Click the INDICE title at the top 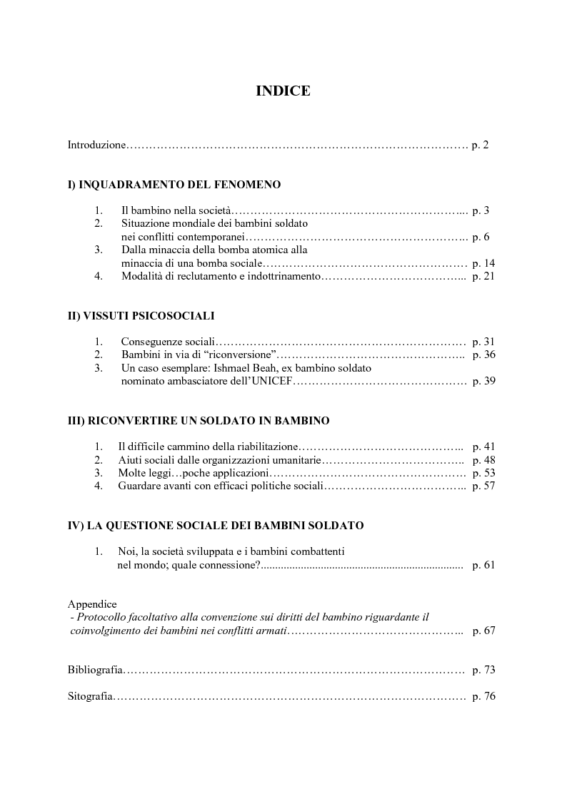(283, 91)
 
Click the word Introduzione (96, 145)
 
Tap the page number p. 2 (480, 145)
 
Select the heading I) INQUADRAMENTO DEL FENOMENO (174, 185)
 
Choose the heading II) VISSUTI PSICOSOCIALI (141, 316)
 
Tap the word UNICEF (273, 381)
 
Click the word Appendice (92, 604)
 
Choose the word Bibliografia (96, 670)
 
